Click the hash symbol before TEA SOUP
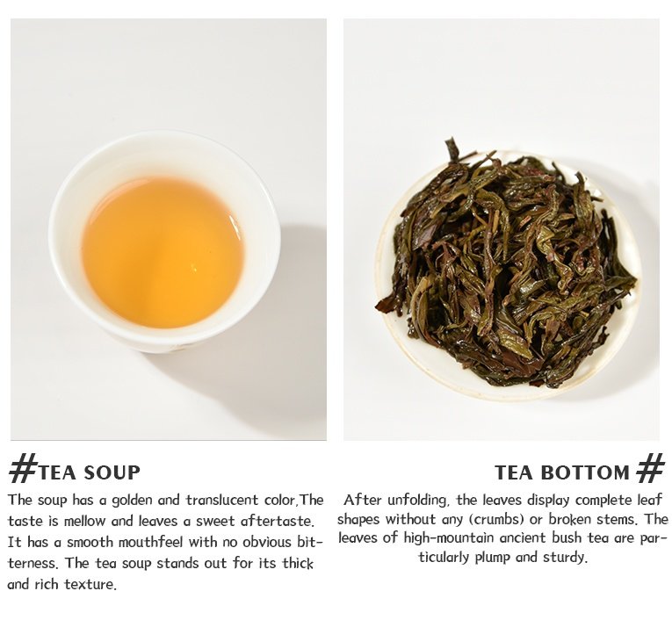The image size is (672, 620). (22, 469)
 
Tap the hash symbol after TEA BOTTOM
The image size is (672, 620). (651, 468)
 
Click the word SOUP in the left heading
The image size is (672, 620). (112, 472)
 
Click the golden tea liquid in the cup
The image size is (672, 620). (163, 253)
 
